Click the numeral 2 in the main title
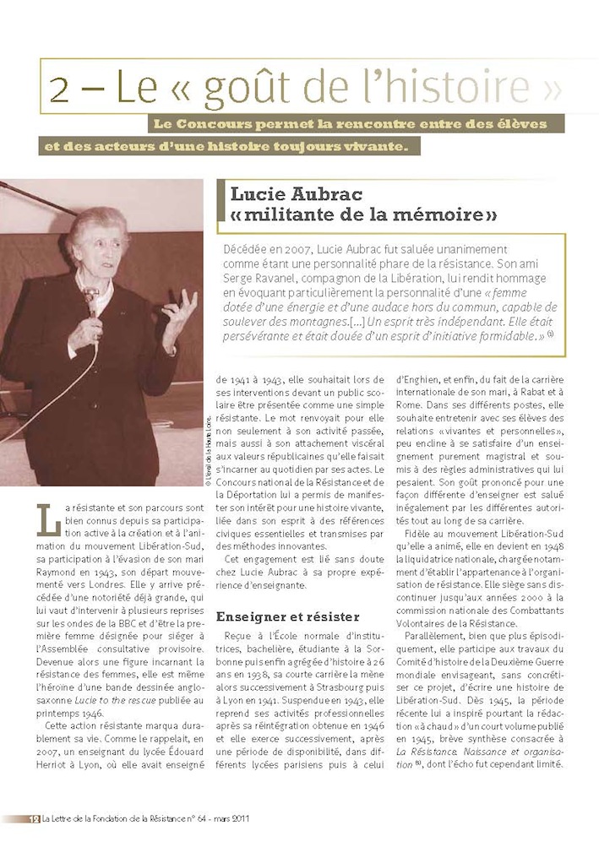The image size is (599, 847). [60, 88]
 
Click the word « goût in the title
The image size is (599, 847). [213, 88]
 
